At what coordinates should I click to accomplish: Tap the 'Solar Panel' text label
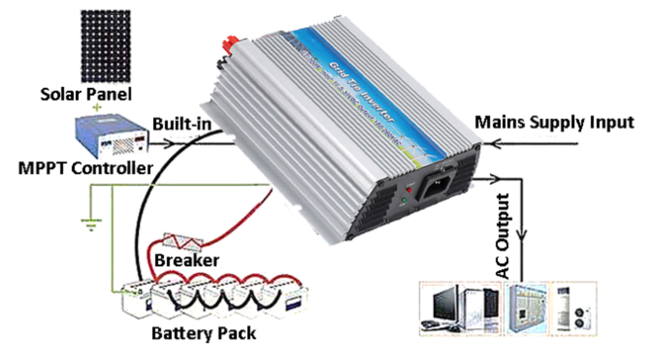[86, 94]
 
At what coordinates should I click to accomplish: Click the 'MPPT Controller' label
[85, 168]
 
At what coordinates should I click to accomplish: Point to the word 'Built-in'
[182, 124]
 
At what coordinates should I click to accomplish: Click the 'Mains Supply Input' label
[554, 122]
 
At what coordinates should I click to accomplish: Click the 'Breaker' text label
[187, 261]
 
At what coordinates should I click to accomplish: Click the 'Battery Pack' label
[204, 333]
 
